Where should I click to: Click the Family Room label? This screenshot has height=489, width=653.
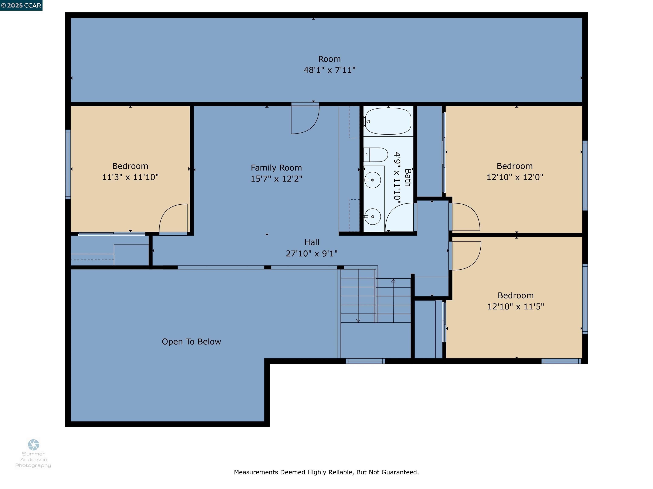coord(276,168)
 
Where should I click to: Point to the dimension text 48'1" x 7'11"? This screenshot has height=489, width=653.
coord(329,70)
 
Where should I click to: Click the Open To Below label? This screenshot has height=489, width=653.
coord(191,342)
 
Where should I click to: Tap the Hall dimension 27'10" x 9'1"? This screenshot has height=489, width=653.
coord(311,253)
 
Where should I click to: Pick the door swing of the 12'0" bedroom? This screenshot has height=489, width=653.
coord(465,217)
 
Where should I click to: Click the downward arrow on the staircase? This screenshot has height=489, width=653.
coord(358,320)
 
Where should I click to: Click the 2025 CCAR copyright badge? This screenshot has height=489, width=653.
coord(21,5)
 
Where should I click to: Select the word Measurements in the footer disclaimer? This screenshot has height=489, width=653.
coord(256,472)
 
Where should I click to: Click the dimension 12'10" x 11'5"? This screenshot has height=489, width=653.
coord(515,306)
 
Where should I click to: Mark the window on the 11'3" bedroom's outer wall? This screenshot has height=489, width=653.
coord(68,164)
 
